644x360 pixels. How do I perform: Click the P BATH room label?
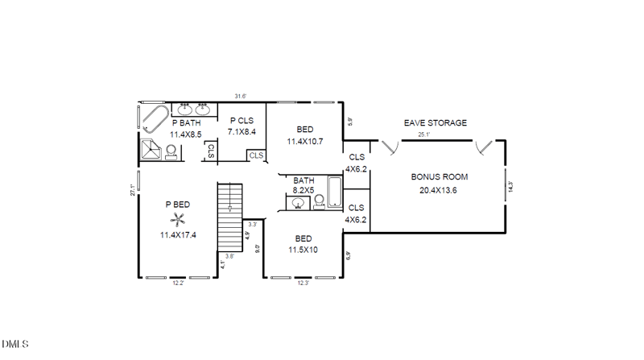[x=186, y=123]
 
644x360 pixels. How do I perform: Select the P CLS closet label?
[x=242, y=120]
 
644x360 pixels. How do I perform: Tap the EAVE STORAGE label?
[x=435, y=123]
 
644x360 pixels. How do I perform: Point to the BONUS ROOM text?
[x=439, y=176]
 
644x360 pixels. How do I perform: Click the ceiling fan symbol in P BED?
[x=178, y=217]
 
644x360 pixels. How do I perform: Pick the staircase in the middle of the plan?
[x=229, y=209]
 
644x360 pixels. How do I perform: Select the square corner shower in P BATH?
[x=151, y=150]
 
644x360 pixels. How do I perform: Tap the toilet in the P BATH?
[x=171, y=151]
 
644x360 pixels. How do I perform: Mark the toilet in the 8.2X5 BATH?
[x=318, y=201]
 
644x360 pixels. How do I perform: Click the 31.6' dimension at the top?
[x=240, y=97]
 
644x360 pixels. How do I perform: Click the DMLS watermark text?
[x=15, y=345]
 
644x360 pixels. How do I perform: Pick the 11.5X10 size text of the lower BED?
[x=303, y=250]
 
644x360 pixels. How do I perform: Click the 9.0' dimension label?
[x=258, y=249]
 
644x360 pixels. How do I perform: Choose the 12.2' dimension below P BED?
[x=178, y=283]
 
